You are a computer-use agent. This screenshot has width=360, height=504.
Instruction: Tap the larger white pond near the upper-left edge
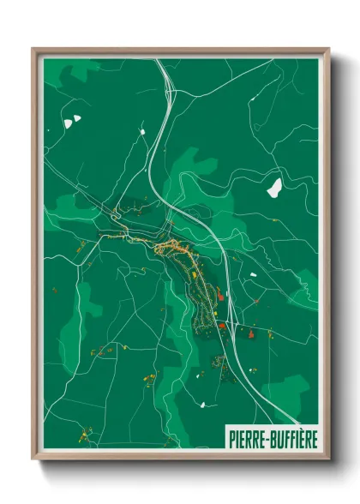(x=68, y=123)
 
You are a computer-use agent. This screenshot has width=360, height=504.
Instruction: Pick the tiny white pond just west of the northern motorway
(x=140, y=131)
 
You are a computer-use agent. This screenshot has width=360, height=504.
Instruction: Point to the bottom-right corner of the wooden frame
(x=328, y=458)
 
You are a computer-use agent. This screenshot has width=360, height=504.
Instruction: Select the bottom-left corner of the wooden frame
(x=33, y=458)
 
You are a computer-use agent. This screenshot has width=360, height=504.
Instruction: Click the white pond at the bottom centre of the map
(x=202, y=405)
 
